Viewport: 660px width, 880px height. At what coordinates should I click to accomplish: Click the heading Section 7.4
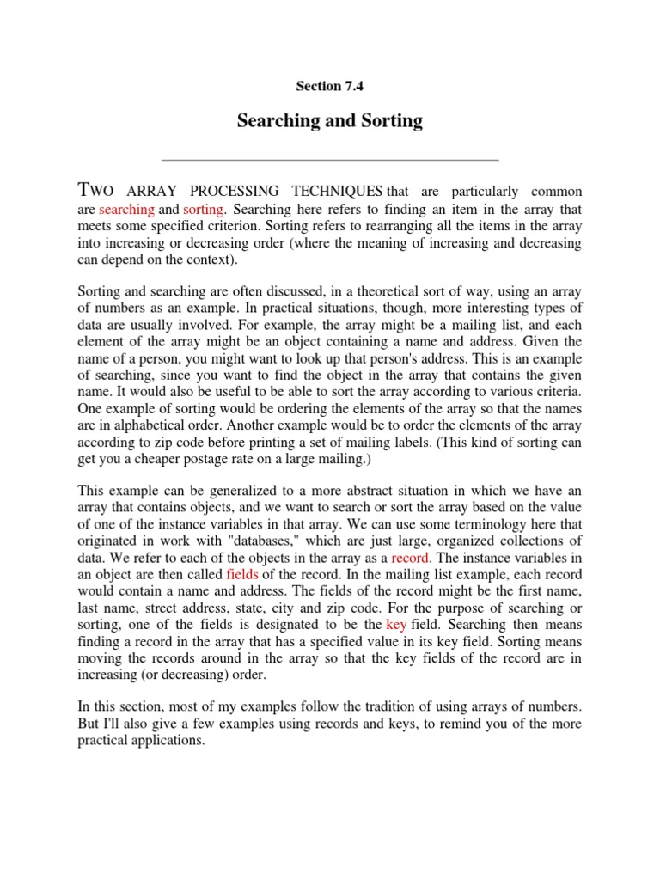pyautogui.click(x=329, y=85)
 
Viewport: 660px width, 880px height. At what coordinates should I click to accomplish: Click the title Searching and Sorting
pyautogui.click(x=329, y=121)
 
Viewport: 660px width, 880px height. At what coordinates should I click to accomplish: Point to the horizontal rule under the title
pyautogui.click(x=329, y=160)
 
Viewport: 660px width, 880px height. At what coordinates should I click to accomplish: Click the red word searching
pyautogui.click(x=126, y=210)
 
